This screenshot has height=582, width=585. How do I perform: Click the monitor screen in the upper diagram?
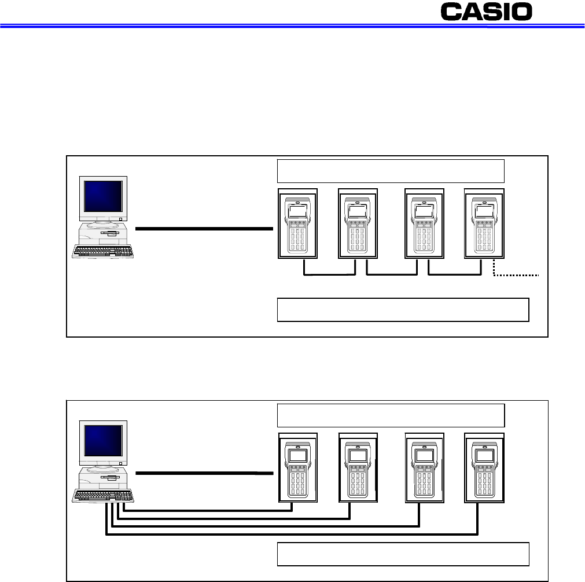tap(103, 196)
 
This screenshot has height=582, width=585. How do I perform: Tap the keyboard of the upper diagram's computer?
tap(103, 251)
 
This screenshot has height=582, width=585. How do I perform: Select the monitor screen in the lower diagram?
tap(103, 441)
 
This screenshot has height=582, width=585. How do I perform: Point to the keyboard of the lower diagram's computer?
tap(103, 496)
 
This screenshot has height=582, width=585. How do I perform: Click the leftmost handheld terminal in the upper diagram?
tap(297, 224)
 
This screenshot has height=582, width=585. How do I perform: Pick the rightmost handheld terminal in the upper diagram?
tap(484, 224)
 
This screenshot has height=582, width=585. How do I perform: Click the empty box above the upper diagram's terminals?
tap(391, 170)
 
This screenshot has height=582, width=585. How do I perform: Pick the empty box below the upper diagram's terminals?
tap(403, 309)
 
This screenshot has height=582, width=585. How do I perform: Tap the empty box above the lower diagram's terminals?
tap(391, 415)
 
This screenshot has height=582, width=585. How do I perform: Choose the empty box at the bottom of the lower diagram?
tap(403, 554)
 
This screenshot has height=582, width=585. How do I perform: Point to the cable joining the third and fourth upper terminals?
tap(455, 275)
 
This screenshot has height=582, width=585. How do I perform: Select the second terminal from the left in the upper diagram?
tap(358, 224)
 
